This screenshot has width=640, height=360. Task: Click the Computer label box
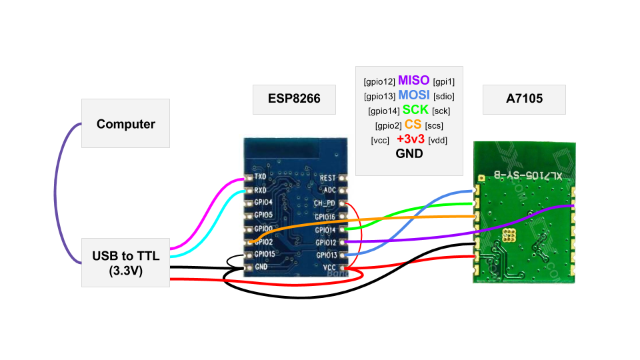click(x=125, y=123)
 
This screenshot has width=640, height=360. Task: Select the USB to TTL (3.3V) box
click(x=125, y=263)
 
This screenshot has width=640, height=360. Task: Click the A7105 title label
click(x=524, y=99)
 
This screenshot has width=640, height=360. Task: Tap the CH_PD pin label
click(x=325, y=203)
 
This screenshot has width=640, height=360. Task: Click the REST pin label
click(x=327, y=178)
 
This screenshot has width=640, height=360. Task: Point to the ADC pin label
click(x=329, y=190)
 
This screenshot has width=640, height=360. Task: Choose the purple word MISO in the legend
click(x=414, y=81)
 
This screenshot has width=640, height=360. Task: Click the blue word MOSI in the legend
click(x=414, y=95)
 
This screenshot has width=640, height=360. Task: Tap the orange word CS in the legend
click(x=413, y=125)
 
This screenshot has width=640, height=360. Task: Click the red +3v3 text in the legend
click(x=410, y=139)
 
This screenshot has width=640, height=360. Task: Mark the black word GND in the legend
click(x=409, y=153)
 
